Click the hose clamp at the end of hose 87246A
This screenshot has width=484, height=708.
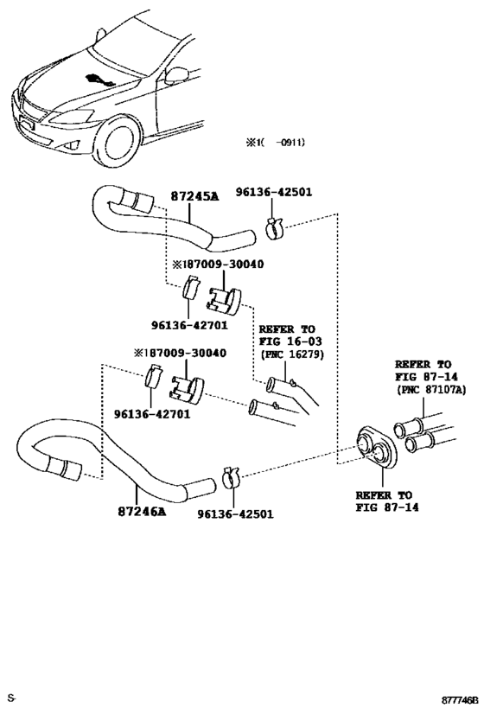[231, 475]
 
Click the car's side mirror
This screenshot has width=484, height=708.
[179, 75]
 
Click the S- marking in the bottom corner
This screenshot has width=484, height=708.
[13, 697]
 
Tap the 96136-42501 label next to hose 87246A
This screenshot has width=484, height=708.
[235, 513]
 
